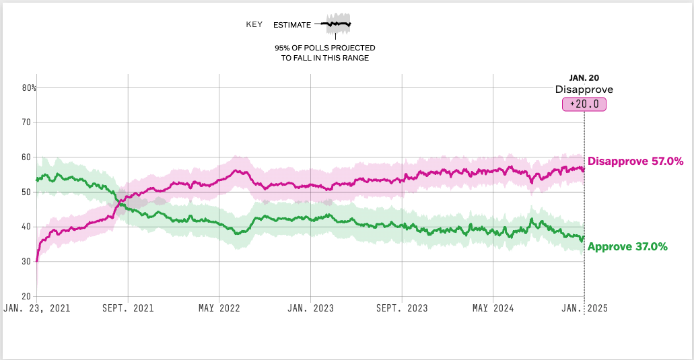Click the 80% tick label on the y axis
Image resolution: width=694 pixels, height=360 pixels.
[28, 87]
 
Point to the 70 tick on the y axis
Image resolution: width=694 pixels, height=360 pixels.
[26, 122]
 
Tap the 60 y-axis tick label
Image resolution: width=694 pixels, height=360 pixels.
[26, 157]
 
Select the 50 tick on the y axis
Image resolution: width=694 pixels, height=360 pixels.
[26, 192]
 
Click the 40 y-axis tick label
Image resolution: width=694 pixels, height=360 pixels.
[26, 227]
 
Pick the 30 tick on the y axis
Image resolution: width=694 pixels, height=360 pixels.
[26, 262]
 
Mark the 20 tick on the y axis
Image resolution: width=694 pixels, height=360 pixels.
[26, 296]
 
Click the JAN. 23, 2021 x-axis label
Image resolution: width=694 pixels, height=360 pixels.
[36, 308]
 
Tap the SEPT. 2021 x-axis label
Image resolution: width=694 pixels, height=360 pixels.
[128, 308]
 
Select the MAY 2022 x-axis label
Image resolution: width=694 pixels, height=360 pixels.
[219, 308]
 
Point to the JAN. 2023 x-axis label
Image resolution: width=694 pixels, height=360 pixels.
[310, 308]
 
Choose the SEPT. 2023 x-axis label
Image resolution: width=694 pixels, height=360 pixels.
[402, 308]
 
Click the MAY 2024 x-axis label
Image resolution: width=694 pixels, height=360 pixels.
[493, 308]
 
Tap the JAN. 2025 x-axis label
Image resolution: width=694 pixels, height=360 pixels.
[584, 308]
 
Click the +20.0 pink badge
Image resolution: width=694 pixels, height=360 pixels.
[584, 104]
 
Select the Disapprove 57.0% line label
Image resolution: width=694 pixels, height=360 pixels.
[635, 161]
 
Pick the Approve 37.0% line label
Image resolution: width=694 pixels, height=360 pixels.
[627, 247]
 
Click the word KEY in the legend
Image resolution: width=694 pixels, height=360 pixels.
[254, 25]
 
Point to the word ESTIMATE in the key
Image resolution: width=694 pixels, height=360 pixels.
[292, 25]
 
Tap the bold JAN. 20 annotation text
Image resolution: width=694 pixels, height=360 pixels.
[584, 78]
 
